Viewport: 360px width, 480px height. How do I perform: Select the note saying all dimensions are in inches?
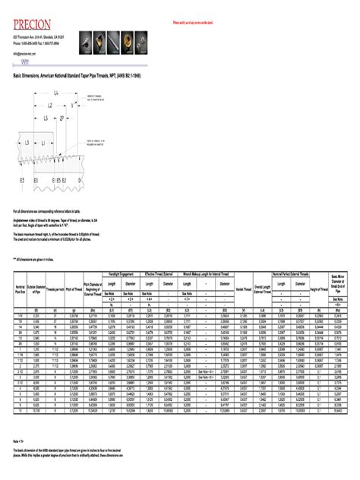tap(37, 258)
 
